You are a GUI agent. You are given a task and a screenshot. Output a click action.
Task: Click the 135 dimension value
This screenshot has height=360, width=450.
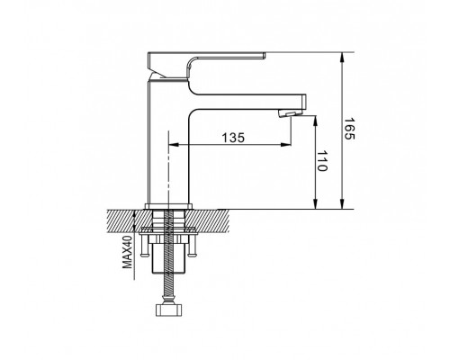[233, 138]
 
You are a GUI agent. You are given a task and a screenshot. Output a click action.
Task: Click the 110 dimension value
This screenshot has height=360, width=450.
[322, 161]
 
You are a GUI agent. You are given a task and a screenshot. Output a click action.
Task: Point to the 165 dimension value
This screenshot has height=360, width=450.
[349, 129]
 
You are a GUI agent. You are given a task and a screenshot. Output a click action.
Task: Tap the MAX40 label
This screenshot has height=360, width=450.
[127, 252]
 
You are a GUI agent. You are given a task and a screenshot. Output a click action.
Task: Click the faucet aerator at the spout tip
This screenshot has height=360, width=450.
[291, 113]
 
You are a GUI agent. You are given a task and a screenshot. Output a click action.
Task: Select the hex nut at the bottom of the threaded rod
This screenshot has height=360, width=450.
[169, 310]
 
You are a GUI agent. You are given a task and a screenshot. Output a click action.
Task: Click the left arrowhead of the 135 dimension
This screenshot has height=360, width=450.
[174, 145]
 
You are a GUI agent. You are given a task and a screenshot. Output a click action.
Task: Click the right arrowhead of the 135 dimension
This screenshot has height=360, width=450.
[286, 145]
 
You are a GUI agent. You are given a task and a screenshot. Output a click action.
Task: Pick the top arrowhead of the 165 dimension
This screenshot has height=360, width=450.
[343, 58]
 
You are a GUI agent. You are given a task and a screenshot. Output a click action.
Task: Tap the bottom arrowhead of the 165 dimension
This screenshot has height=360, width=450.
[343, 203]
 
